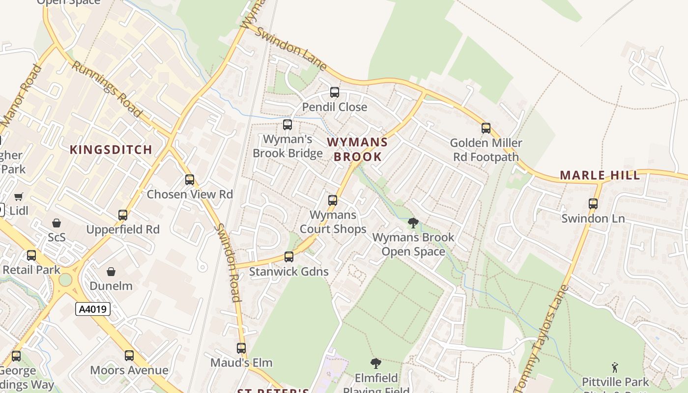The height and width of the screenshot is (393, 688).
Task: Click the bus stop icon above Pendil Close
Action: (335, 92)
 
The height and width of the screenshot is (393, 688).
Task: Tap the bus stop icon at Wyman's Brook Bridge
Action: (287, 125)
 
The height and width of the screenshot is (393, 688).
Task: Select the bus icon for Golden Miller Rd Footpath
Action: (486, 128)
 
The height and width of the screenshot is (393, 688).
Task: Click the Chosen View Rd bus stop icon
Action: (190, 180)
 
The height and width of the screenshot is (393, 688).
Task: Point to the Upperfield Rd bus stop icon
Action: (123, 215)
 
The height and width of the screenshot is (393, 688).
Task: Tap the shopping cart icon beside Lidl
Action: (19, 197)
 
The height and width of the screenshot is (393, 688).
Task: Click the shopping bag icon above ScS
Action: (57, 223)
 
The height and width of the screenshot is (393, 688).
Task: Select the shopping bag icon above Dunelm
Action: (112, 271)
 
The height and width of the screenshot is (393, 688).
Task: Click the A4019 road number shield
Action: (93, 309)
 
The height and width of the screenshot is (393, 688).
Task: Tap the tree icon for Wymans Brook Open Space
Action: (413, 223)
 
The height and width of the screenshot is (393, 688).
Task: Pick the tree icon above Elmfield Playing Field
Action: (376, 364)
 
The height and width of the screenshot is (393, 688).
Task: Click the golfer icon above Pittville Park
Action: (615, 367)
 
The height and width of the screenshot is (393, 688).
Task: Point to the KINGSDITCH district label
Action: (111, 150)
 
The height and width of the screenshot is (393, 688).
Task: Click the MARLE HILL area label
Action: (600, 175)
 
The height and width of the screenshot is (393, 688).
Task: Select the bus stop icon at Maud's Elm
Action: (241, 348)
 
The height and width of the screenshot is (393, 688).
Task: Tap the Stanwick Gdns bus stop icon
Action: (289, 257)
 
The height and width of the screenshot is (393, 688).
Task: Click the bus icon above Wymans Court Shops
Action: (333, 200)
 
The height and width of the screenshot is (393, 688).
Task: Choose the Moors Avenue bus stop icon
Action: (129, 356)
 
